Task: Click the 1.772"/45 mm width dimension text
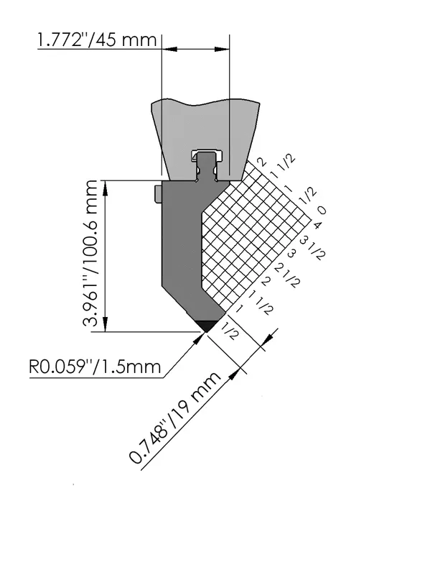click(97, 40)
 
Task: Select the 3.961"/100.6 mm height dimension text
click(90, 254)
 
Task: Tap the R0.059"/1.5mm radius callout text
click(95, 367)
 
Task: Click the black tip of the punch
click(207, 326)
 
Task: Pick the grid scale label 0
click(321, 210)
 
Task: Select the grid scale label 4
click(317, 224)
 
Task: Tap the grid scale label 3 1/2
click(312, 247)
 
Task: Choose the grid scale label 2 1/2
click(287, 275)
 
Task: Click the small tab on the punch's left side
click(158, 194)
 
